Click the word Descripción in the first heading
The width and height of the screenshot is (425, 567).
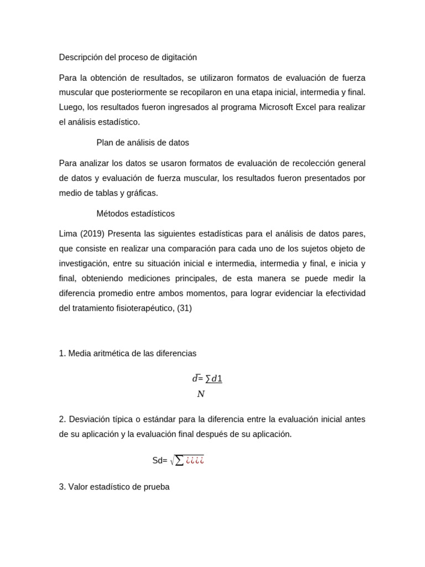(81, 58)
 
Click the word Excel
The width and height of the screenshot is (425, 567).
(305, 107)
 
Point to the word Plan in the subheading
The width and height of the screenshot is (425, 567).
(105, 143)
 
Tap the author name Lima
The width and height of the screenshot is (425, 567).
(68, 234)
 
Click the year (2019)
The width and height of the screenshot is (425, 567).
(92, 234)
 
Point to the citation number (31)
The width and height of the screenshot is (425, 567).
(184, 308)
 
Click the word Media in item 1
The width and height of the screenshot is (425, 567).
(80, 353)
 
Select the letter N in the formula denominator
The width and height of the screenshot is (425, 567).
(201, 394)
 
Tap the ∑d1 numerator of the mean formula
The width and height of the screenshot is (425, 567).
(214, 379)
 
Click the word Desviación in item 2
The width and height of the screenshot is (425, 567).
(90, 419)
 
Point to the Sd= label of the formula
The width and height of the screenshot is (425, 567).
(159, 461)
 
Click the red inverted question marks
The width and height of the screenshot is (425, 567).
(195, 461)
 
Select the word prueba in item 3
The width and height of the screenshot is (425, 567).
(156, 487)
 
